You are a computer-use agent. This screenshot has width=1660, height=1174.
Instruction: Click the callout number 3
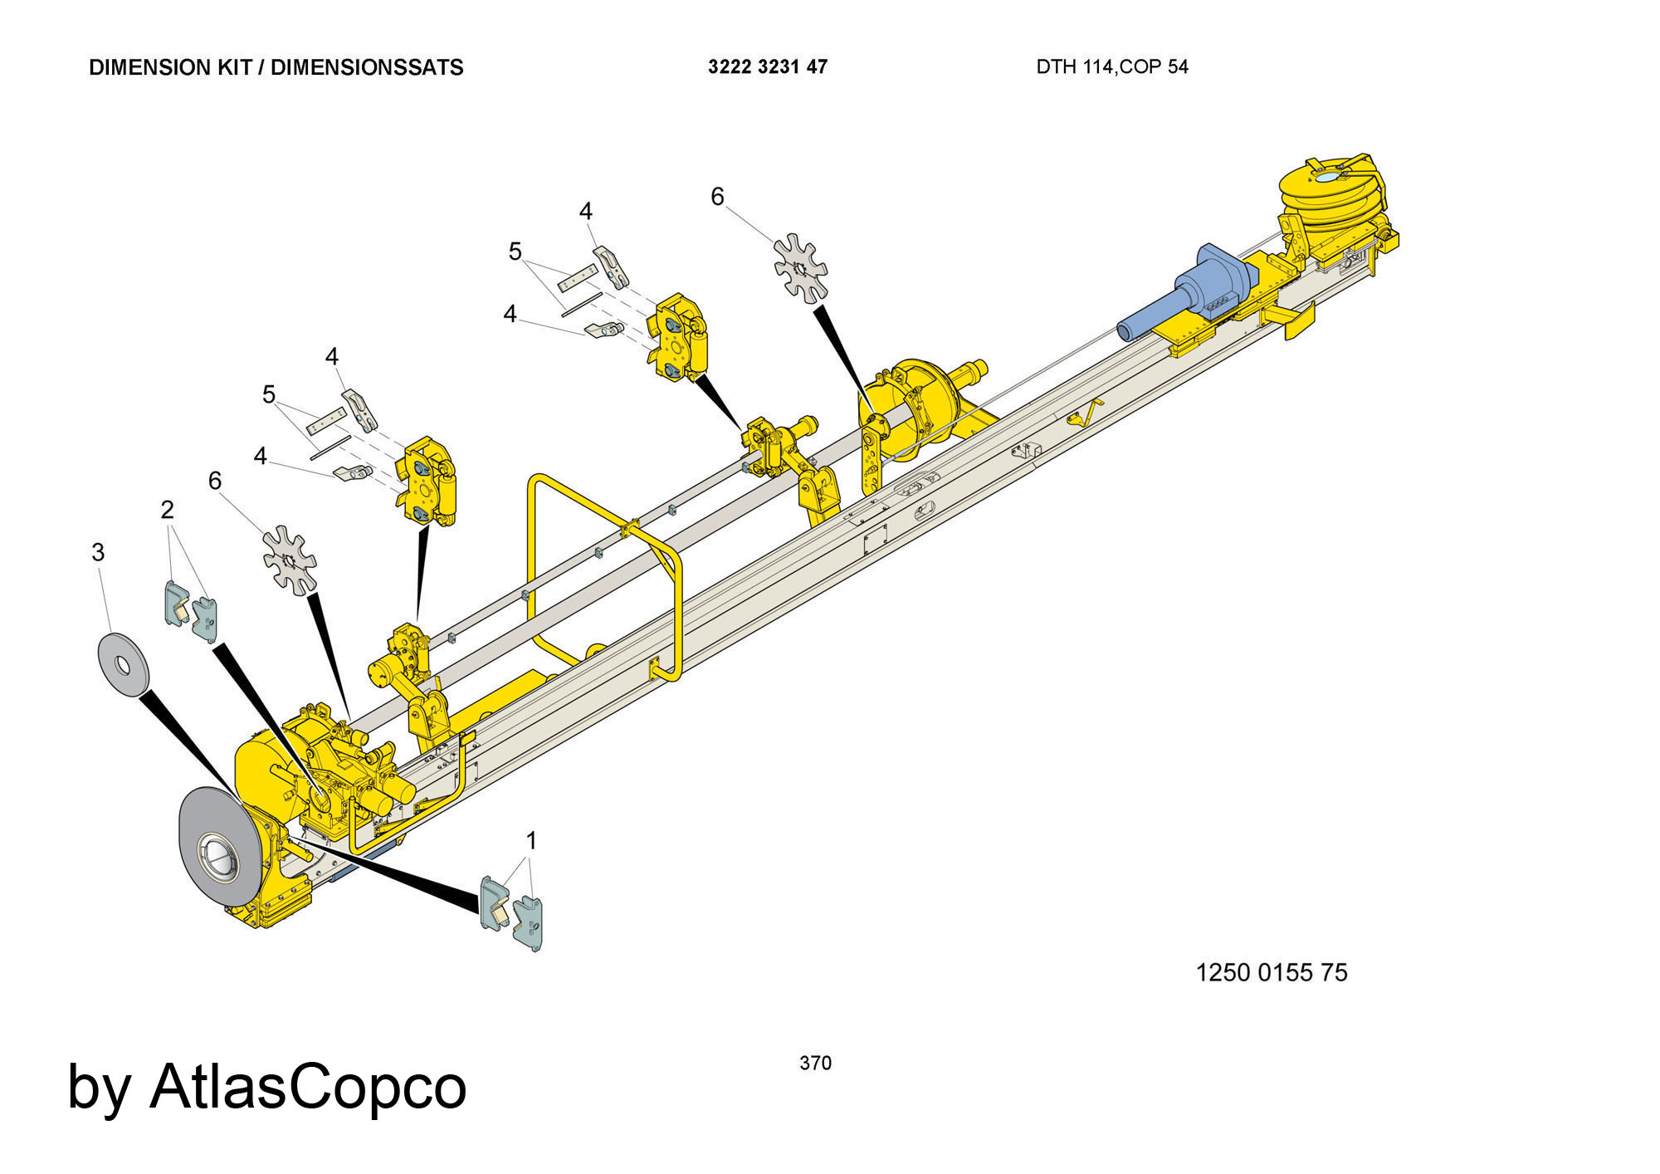coord(98,552)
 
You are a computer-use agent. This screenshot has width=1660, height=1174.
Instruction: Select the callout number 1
coord(531,841)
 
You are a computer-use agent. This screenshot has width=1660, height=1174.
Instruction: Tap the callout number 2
coord(168,510)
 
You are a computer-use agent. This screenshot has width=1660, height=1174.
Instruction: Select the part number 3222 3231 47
coord(768,67)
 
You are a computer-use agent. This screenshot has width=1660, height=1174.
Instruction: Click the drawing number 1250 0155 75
coord(1272,972)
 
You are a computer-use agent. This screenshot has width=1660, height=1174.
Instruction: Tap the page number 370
coord(815,1063)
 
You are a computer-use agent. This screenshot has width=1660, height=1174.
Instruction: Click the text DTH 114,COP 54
coord(1112,67)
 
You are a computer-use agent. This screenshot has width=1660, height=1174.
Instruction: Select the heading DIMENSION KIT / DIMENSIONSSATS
coord(276,67)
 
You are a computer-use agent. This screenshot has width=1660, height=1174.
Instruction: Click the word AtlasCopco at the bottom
coord(308,1086)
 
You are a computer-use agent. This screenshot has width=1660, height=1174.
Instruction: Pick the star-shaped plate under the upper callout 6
coord(801,267)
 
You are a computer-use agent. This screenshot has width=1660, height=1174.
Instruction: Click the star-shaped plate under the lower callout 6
coord(290,560)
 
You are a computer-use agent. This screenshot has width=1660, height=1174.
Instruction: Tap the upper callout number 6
coord(717,197)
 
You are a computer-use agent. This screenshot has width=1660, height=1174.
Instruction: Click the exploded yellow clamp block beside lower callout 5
coord(428,482)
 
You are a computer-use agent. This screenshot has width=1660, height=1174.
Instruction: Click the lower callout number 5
coord(268,394)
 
